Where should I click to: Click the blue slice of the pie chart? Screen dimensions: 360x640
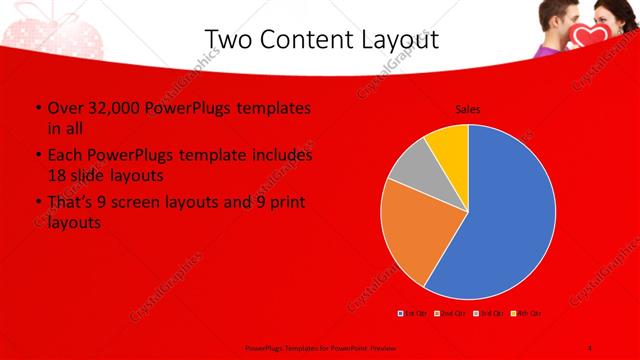[500, 210]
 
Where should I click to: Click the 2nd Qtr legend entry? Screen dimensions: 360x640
[451, 314]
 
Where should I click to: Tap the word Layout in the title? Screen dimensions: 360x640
[400, 39]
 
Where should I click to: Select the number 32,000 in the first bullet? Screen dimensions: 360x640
[120, 108]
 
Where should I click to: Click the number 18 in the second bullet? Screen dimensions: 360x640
[58, 175]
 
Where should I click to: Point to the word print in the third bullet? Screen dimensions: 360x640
[283, 203]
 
